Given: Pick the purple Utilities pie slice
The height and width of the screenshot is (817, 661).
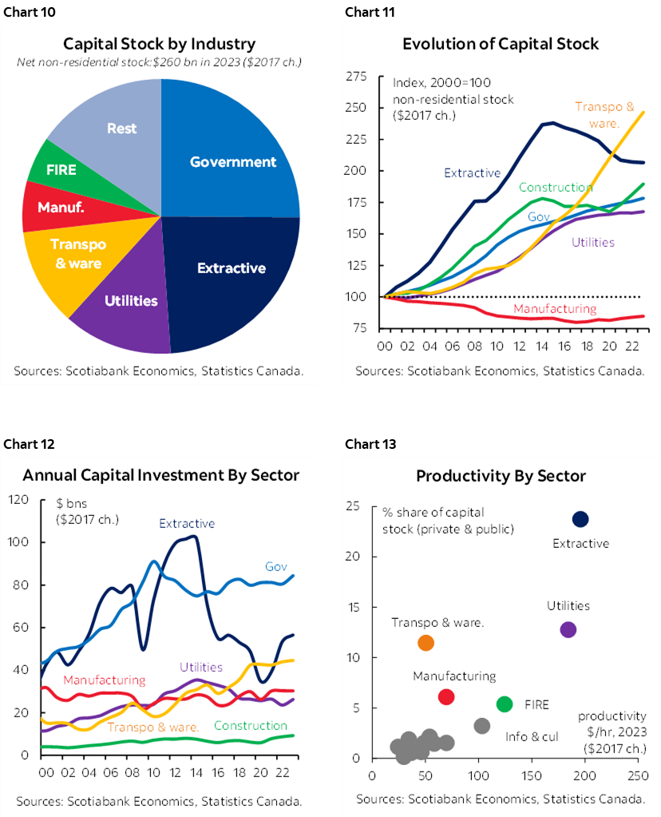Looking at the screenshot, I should [131, 301].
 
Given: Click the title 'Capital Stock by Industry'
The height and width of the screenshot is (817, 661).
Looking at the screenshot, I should [160, 44].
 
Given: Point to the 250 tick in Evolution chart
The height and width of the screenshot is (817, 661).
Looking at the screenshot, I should [356, 108].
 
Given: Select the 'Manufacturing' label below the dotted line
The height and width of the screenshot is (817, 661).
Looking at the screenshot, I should [554, 308].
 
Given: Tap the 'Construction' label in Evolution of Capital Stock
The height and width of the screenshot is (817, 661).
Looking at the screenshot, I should [556, 187].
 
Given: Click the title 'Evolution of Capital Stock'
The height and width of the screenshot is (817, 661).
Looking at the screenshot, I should [501, 44].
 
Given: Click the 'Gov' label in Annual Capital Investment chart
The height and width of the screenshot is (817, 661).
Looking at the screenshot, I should [275, 566].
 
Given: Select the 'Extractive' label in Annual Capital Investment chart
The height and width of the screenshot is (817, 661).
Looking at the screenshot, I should [187, 524].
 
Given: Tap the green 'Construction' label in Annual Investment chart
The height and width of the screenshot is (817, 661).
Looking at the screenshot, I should [251, 725].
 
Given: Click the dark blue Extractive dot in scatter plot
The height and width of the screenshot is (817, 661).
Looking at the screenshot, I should [580, 520].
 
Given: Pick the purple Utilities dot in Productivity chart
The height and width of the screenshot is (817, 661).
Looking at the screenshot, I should [568, 629].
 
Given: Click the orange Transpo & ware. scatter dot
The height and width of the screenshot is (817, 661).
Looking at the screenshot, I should [425, 643].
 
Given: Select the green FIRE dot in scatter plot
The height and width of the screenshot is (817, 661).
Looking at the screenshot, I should [505, 704].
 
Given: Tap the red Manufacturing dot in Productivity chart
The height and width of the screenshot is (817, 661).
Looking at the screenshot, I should [446, 697].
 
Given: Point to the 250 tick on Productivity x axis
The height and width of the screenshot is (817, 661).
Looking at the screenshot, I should [637, 774].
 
